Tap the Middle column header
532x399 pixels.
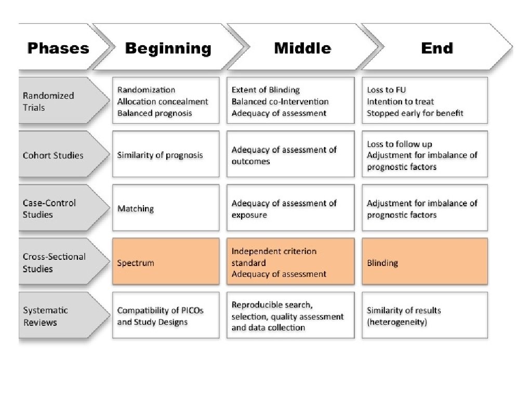(303, 47)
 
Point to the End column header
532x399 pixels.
(437, 47)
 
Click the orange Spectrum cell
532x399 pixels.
(166, 261)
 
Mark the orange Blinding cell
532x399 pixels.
(425, 261)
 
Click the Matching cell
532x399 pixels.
(166, 208)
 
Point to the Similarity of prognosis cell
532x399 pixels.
(166, 154)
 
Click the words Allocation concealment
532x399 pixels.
(163, 101)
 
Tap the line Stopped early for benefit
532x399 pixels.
(415, 113)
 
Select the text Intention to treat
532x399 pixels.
(401, 101)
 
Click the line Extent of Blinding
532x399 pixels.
(265, 90)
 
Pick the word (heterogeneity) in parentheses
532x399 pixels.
(397, 322)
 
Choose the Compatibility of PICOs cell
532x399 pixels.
(166, 315)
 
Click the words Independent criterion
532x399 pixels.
(274, 251)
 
